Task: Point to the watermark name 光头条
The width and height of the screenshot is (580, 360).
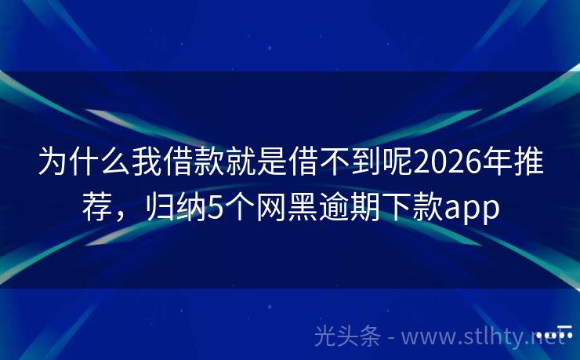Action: [x=348, y=336]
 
